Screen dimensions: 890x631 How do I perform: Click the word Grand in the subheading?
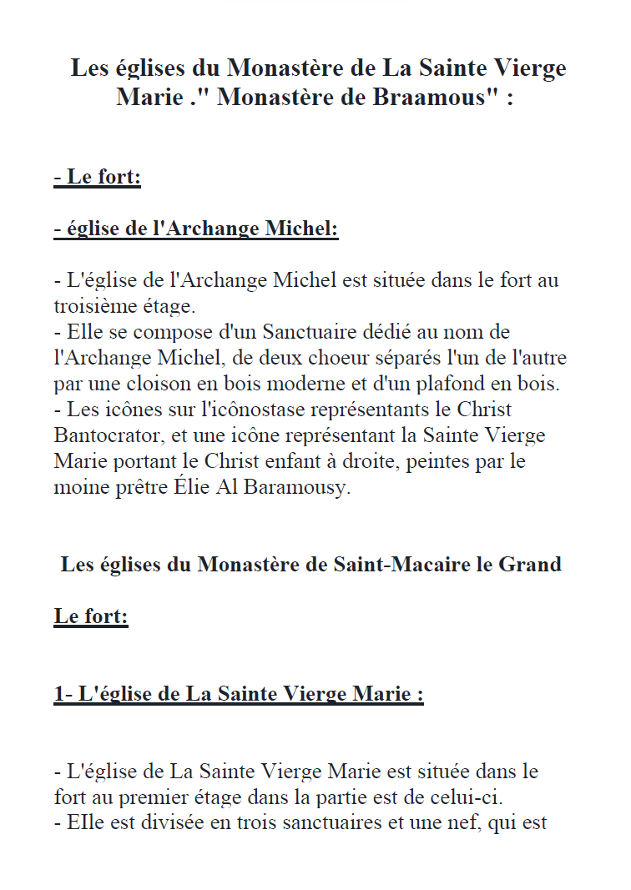pos(530,565)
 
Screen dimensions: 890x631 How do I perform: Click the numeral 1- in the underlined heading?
pos(63,693)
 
